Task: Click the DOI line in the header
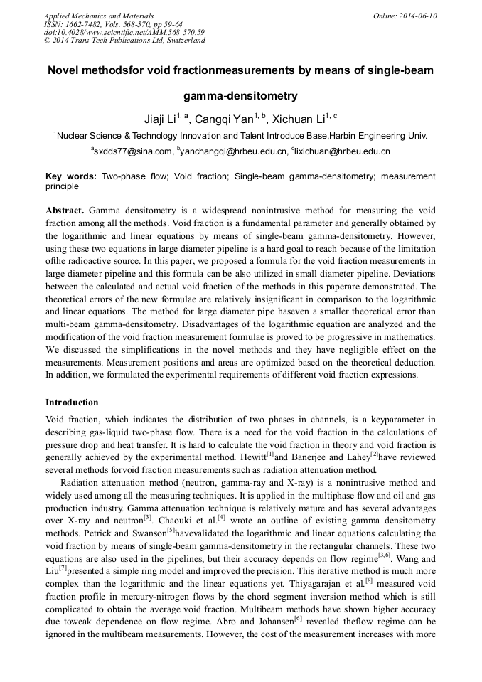124,32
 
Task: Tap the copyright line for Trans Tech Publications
124,41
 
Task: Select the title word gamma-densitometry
240,95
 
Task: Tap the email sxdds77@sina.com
134,151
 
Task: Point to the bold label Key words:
71,176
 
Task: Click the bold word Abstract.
65,211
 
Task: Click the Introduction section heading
72,402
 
